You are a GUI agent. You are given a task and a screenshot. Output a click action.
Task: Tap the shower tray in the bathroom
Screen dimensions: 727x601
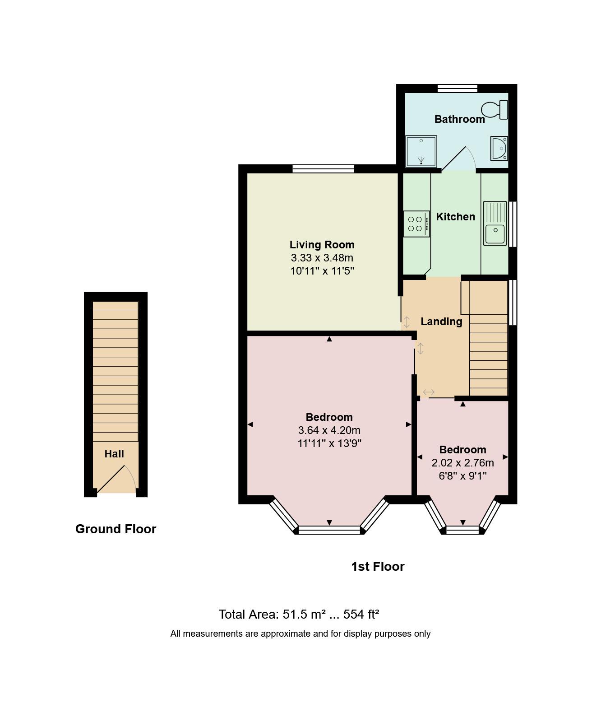(421, 151)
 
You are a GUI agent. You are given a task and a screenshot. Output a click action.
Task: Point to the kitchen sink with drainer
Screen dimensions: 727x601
(495, 223)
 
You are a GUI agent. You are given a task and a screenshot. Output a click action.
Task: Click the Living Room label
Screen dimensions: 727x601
(322, 245)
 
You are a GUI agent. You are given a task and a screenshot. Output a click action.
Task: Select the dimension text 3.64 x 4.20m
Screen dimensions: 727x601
(329, 430)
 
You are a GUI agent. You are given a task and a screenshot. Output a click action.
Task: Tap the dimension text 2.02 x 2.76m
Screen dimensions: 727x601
(462, 463)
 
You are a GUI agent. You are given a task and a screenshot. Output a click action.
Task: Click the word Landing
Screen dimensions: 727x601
(441, 322)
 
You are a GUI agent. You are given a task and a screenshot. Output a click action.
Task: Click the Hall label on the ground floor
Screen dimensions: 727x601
(114, 454)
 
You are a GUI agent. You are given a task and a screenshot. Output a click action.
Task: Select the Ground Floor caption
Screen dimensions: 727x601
(116, 529)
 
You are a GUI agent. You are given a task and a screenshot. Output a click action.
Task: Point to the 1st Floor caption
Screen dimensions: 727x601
(378, 567)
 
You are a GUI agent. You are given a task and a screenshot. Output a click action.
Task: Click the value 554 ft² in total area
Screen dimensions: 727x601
(361, 615)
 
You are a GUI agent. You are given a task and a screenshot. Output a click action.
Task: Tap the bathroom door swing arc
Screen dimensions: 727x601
(469, 156)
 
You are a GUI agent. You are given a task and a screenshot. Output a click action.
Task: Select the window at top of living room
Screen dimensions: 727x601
(323, 169)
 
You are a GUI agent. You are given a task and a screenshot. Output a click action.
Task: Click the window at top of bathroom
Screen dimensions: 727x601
(457, 88)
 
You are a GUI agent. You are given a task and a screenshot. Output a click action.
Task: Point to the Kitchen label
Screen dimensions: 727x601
(455, 217)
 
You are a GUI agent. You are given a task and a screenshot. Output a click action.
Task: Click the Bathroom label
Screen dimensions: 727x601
(459, 119)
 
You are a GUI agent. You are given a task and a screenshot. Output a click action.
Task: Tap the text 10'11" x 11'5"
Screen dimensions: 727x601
(322, 271)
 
